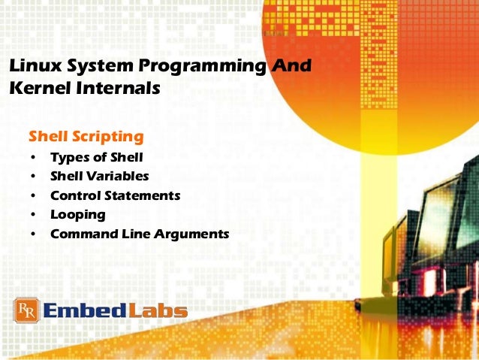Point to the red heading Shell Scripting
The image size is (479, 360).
click(x=85, y=137)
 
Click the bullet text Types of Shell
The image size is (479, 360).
click(x=96, y=157)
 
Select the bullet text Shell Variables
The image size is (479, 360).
click(x=99, y=176)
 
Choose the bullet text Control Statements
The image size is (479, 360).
click(x=115, y=195)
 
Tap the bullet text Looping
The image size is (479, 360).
click(x=77, y=214)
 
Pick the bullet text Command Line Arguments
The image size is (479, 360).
click(x=139, y=234)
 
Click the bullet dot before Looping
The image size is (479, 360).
click(x=33, y=215)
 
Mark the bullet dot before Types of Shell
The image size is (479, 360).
click(x=33, y=158)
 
